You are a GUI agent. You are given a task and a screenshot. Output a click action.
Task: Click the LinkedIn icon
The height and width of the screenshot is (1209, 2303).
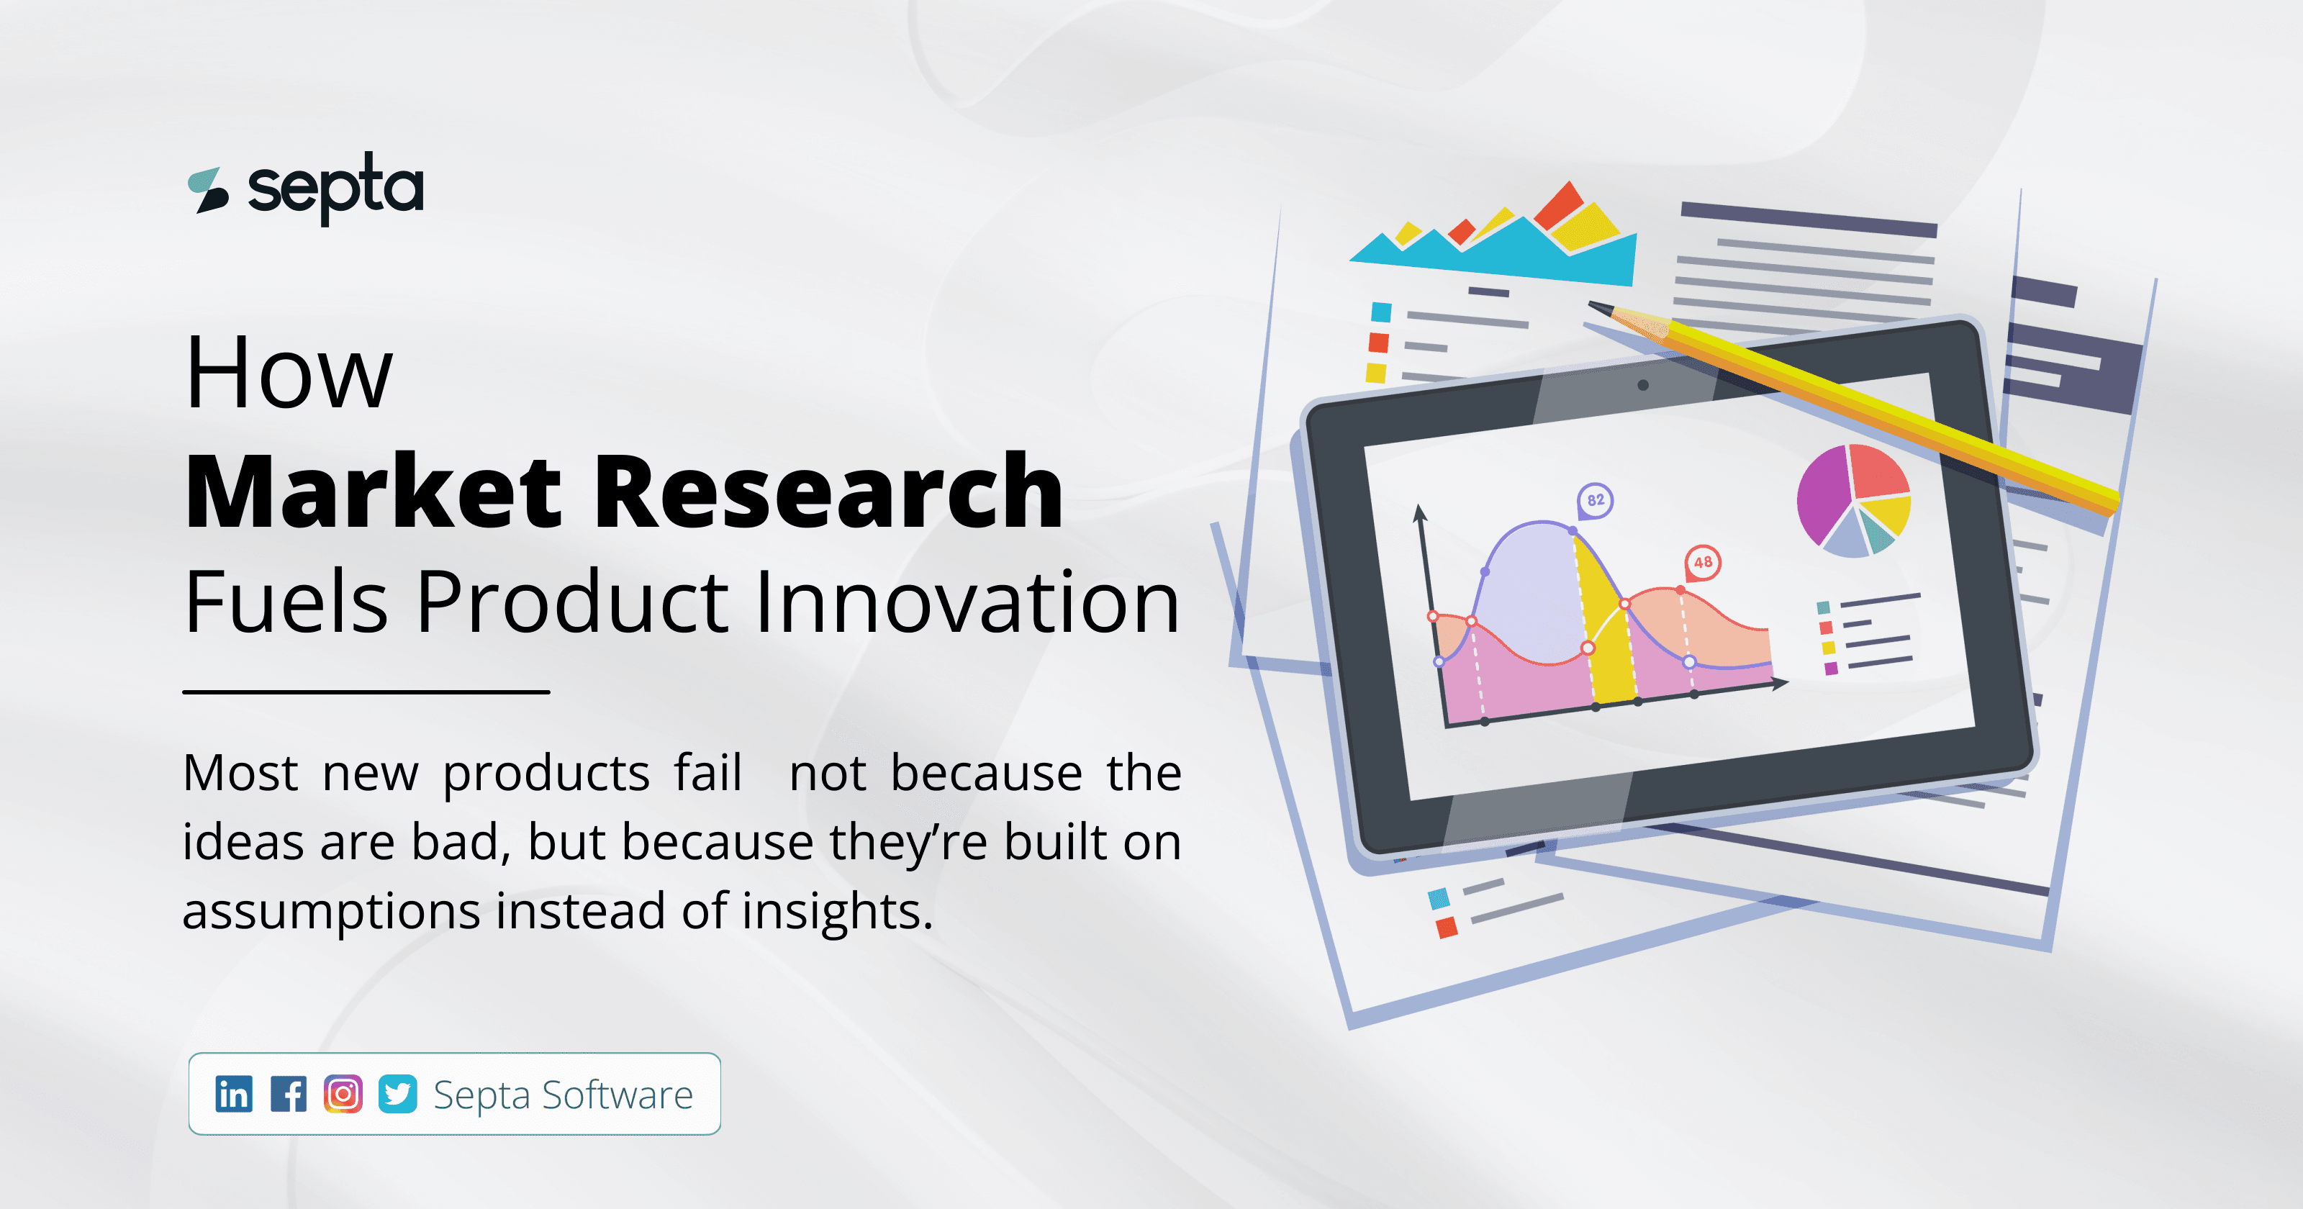tap(233, 1094)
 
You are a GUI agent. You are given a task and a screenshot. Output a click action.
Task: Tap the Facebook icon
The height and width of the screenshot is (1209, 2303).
tap(288, 1094)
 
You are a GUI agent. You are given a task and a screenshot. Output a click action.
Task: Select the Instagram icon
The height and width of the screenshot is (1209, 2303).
tap(343, 1094)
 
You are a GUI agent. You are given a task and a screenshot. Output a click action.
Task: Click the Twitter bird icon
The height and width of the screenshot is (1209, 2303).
tap(397, 1094)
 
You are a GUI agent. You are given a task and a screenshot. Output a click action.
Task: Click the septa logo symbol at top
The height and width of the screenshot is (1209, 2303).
tap(207, 189)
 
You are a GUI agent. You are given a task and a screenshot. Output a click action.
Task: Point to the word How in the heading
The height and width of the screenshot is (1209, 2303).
tap(288, 373)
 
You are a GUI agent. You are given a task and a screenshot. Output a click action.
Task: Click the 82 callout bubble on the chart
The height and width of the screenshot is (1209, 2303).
tap(1595, 500)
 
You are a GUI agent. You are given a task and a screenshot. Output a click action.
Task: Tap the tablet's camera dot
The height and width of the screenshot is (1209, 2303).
tap(1642, 386)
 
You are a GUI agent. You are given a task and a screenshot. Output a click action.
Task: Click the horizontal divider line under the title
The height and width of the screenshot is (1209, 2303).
tap(366, 692)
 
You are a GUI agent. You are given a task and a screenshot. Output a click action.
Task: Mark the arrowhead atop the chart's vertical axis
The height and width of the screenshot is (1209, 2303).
tap(1419, 512)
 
